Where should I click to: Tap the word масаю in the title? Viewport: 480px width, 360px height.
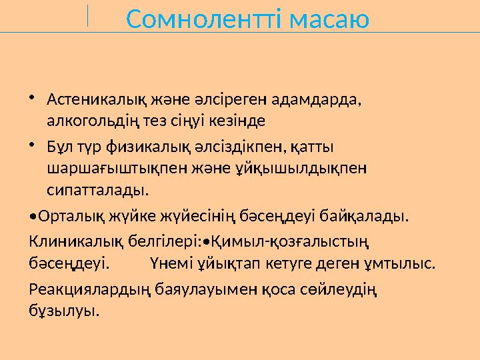click(x=330, y=20)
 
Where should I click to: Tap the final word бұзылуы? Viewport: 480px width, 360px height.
click(x=65, y=311)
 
